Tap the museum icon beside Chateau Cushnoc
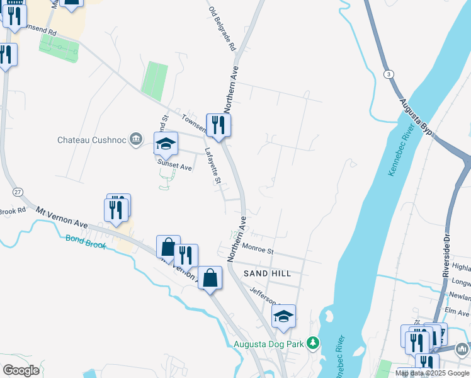click(135, 140)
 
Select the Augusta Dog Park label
click(269, 344)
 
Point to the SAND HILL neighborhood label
click(268, 273)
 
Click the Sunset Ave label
click(174, 167)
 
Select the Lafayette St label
click(213, 166)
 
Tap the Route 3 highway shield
click(390, 74)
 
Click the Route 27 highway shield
click(17, 191)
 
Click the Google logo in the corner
click(21, 370)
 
